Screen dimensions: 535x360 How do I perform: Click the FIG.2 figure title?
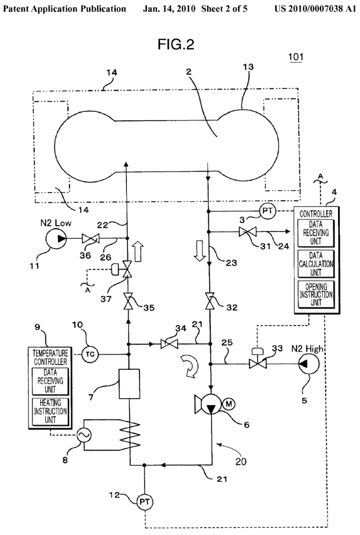[x=175, y=45]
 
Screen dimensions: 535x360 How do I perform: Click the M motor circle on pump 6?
[x=228, y=403]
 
